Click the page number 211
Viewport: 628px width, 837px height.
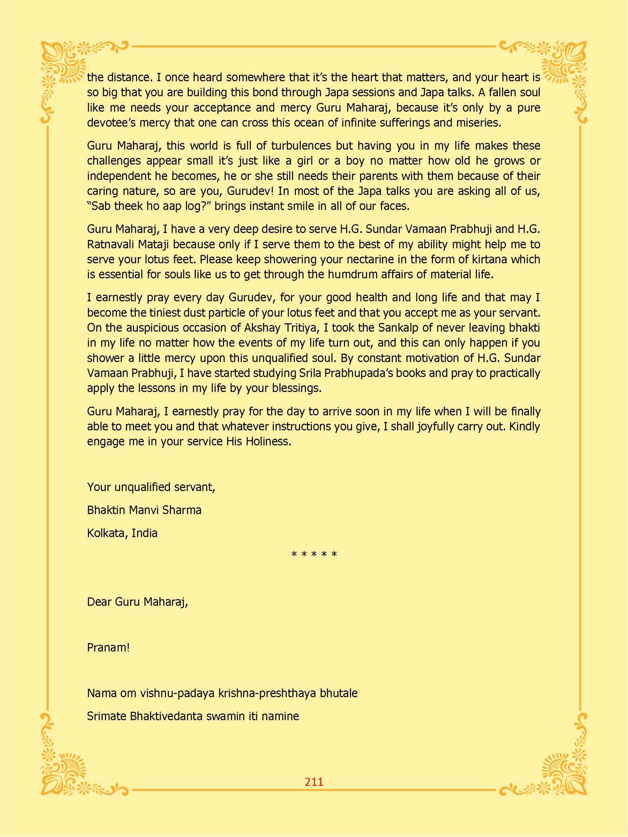(x=314, y=782)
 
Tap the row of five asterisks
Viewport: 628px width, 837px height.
(x=314, y=555)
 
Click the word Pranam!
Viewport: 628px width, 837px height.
(x=108, y=647)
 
